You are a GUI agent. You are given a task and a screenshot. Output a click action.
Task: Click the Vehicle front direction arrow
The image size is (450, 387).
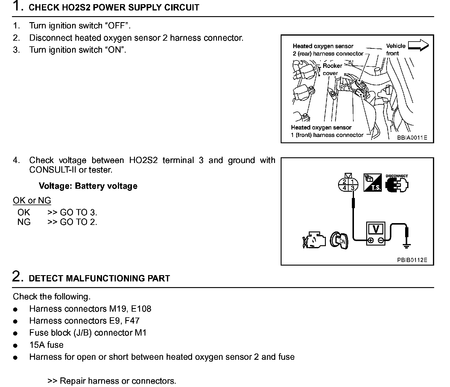418,45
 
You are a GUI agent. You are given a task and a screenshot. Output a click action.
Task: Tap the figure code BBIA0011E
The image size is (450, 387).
412,138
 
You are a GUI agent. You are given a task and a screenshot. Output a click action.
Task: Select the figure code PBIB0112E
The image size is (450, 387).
412,260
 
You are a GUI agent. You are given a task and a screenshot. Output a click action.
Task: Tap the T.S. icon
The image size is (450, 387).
373,182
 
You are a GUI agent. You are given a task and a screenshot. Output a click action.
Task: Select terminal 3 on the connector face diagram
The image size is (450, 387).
353,188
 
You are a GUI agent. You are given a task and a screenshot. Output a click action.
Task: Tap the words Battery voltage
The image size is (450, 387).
106,186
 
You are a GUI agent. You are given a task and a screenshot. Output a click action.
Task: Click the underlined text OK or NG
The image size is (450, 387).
32,200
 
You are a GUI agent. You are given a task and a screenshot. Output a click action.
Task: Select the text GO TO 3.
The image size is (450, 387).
78,213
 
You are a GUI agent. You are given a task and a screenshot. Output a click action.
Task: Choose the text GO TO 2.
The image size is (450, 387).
78,222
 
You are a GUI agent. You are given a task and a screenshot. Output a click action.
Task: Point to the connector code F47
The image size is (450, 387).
132,321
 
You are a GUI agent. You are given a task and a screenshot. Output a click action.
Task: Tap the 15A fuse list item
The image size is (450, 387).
46,345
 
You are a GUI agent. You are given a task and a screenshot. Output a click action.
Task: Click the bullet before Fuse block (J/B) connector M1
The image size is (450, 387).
15,333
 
